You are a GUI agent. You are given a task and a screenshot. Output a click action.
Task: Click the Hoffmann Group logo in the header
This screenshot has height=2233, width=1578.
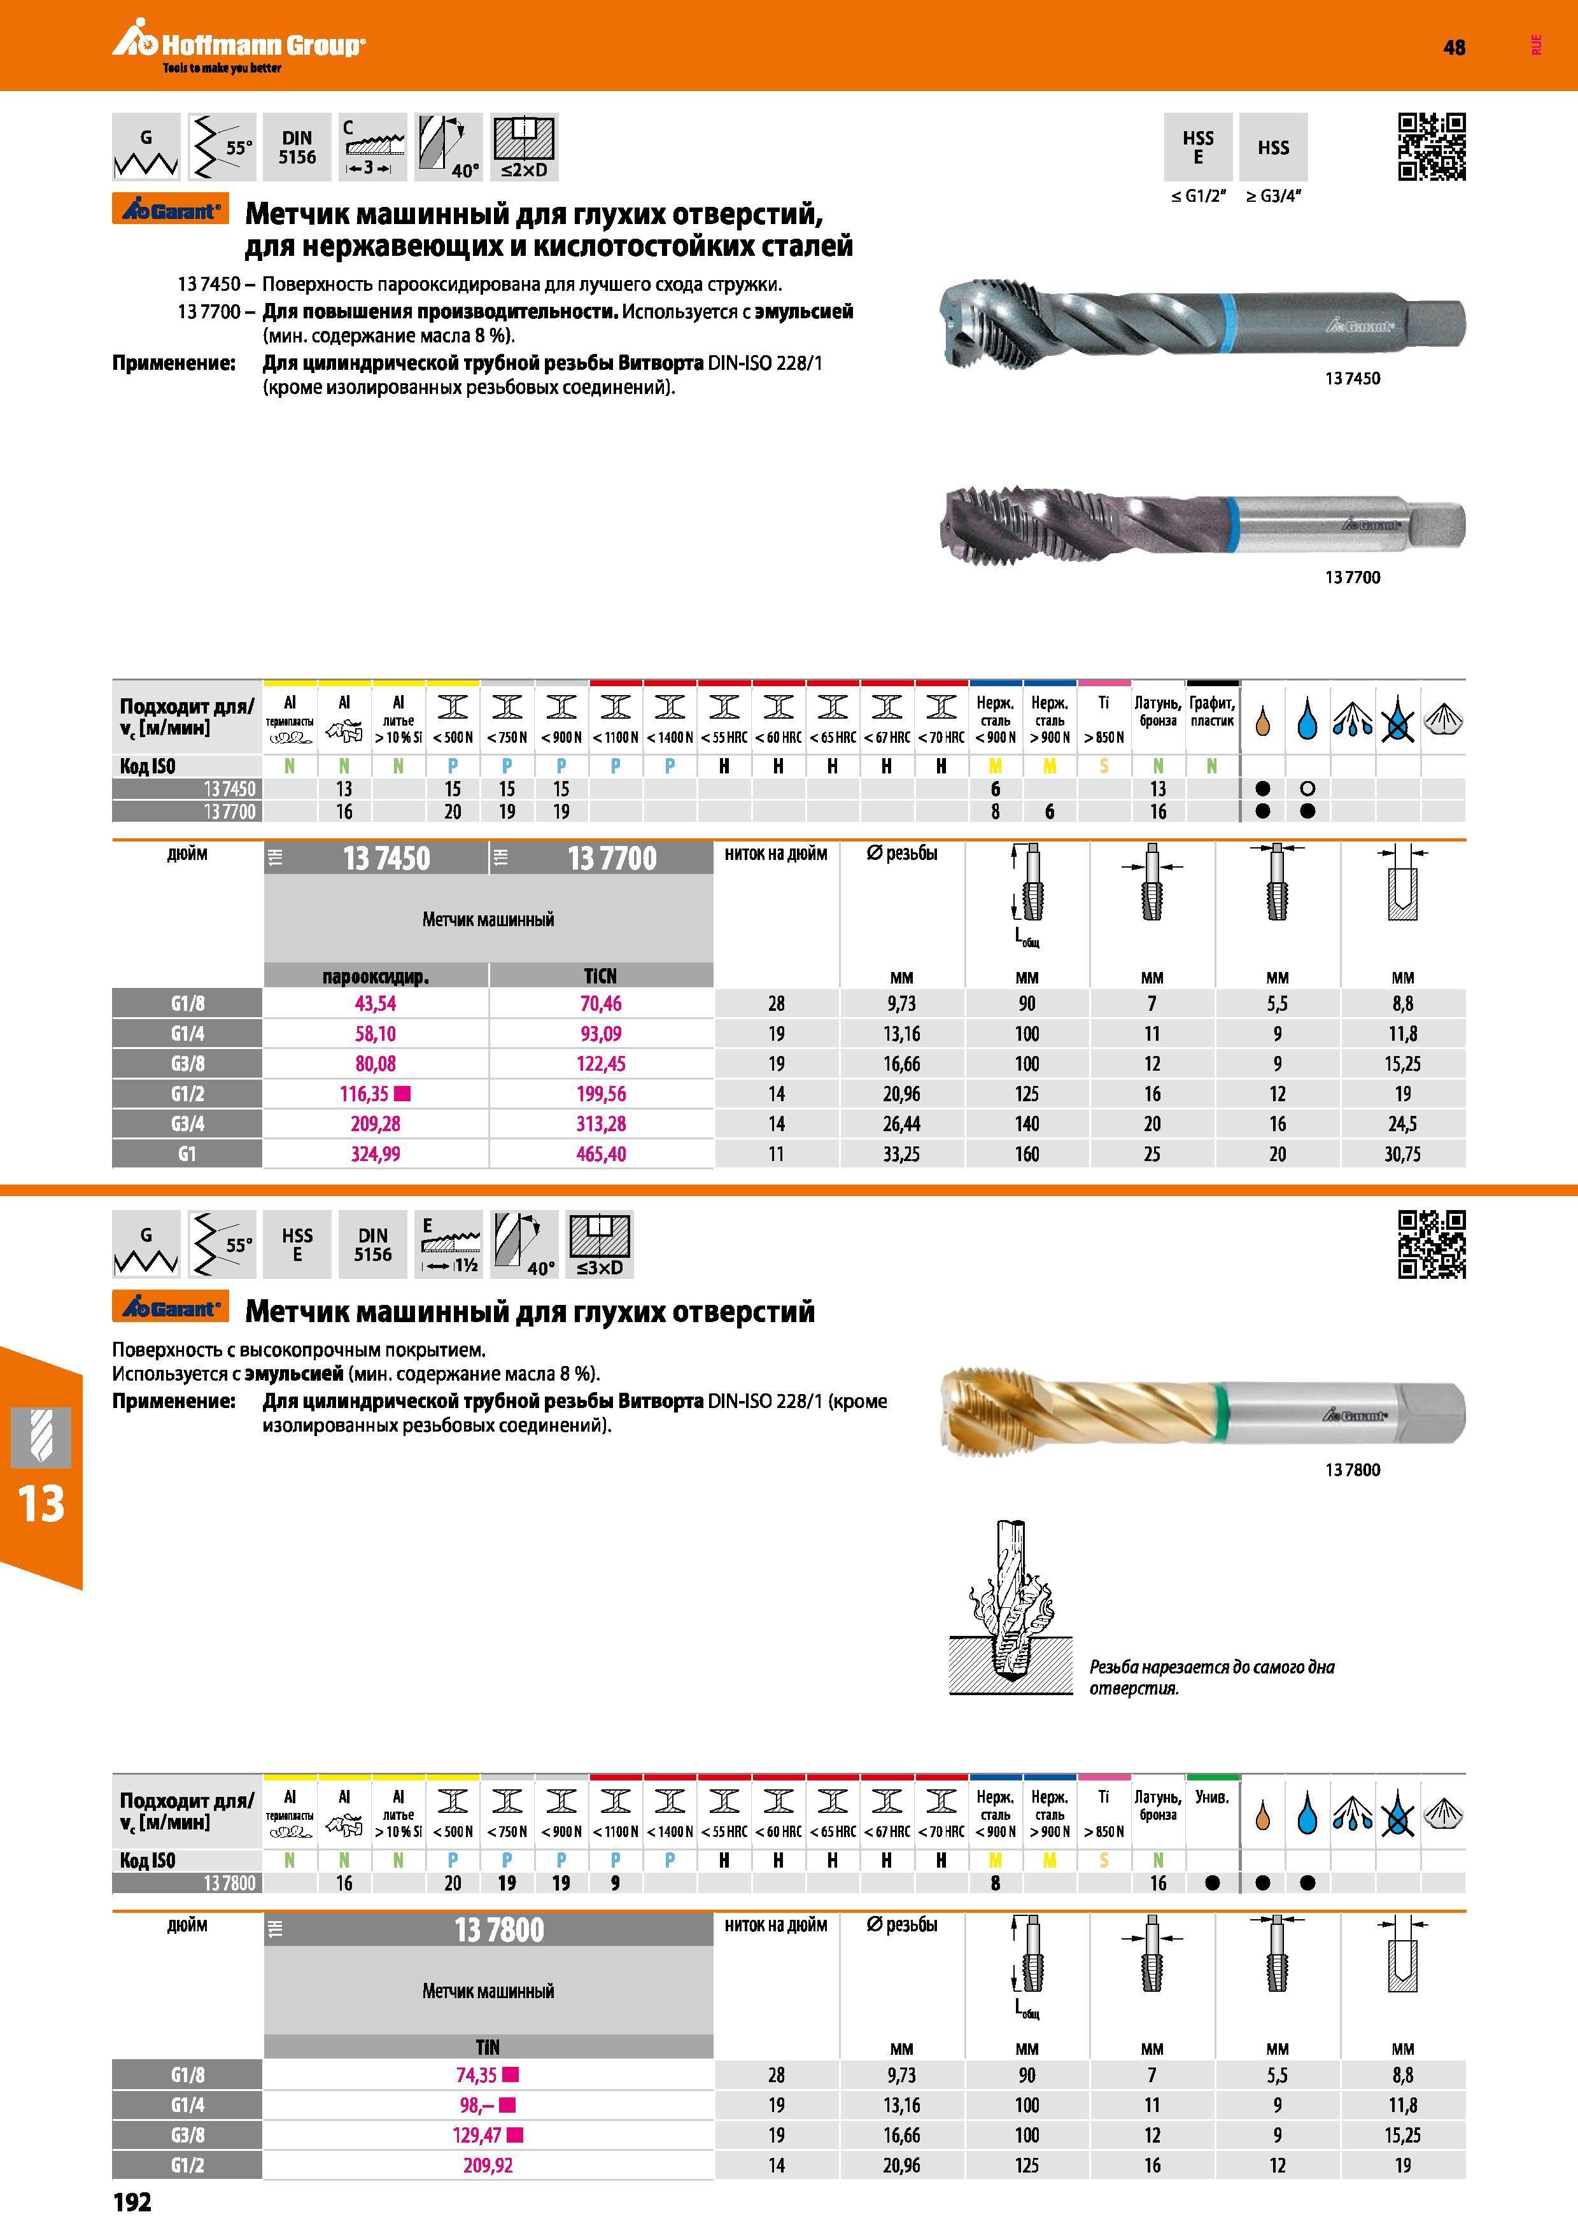point(238,48)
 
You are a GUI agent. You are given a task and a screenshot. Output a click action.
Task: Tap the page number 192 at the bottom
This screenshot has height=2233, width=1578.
point(132,2202)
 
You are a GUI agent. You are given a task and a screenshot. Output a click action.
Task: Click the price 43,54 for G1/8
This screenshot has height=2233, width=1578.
point(376,1004)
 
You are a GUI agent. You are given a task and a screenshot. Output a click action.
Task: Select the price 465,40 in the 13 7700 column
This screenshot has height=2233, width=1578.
point(601,1155)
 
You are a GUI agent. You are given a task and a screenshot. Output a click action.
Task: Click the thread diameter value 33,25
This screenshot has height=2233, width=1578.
point(901,1155)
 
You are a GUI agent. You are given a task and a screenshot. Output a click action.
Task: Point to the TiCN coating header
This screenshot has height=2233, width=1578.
point(601,975)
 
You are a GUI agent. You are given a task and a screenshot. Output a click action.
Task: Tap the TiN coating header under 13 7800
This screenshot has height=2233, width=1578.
point(488,2046)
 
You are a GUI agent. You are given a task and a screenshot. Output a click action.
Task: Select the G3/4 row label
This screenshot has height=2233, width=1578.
point(188,1124)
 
